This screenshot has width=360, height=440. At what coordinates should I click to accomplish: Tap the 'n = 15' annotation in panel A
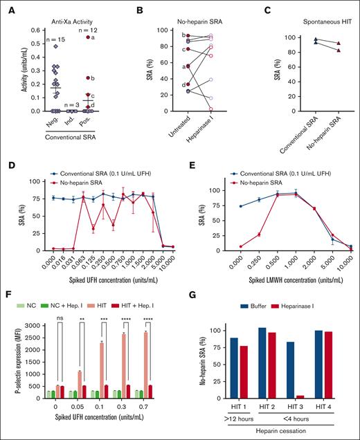42,39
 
